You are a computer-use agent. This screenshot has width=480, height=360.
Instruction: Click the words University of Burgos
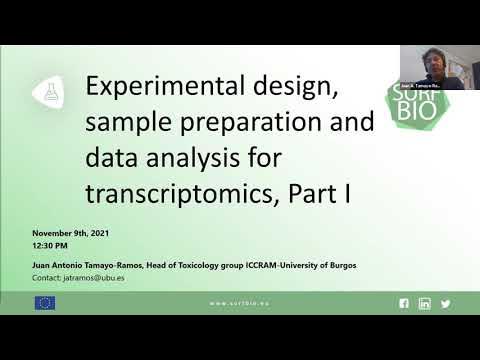click(x=319, y=265)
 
